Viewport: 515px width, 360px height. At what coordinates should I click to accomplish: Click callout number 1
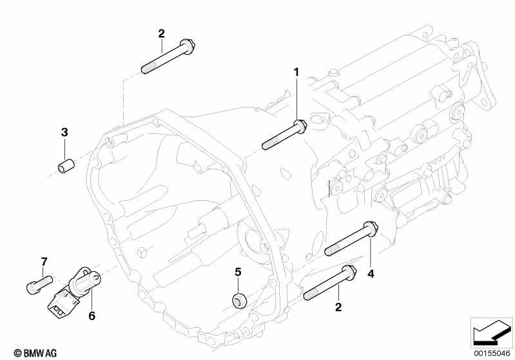tap(296, 72)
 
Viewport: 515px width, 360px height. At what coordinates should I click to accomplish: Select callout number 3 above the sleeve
tap(64, 133)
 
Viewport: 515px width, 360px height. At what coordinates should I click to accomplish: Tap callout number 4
tap(371, 274)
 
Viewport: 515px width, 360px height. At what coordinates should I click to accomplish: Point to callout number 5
tap(238, 272)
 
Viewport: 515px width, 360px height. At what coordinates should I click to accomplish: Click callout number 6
tap(92, 316)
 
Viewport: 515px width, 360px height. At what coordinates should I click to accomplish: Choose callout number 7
tap(44, 261)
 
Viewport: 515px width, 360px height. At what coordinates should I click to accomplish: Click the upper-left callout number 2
tap(161, 33)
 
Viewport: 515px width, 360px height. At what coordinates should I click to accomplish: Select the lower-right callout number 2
tap(338, 307)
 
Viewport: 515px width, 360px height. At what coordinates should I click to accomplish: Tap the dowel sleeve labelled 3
tap(66, 166)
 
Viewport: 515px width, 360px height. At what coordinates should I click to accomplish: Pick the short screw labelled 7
tap(39, 283)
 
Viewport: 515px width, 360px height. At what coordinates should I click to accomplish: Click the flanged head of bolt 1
tap(300, 126)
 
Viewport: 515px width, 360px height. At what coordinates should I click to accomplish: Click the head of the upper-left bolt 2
tap(188, 46)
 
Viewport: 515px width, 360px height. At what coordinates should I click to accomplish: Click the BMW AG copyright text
tap(35, 353)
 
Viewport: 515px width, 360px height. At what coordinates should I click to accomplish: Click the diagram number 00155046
tap(492, 354)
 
